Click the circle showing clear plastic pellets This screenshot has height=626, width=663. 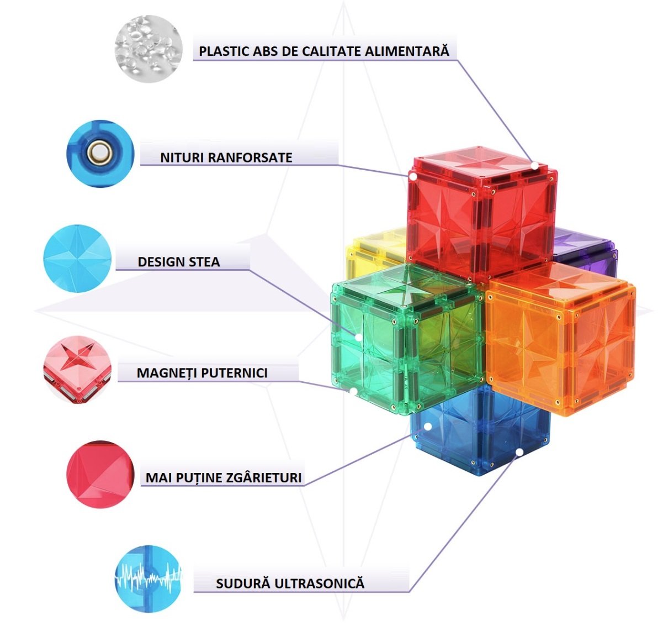pyautogui.click(x=148, y=49)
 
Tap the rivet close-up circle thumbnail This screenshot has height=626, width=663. pyautogui.click(x=100, y=154)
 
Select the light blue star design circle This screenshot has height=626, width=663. pyautogui.click(x=77, y=259)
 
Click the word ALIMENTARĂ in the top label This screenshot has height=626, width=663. pyautogui.click(x=407, y=51)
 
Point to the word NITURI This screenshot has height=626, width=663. pyautogui.click(x=182, y=158)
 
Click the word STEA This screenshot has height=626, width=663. pyautogui.click(x=204, y=262)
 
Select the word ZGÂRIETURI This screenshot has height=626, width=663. pyautogui.click(x=264, y=477)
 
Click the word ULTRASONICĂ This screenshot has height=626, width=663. pyautogui.click(x=320, y=583)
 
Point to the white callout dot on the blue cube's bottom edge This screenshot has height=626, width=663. pyautogui.click(x=519, y=453)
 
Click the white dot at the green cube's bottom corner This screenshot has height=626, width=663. pyautogui.click(x=353, y=391)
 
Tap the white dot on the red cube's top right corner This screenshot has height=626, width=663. pyautogui.click(x=534, y=165)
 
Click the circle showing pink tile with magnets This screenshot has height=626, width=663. pyautogui.click(x=77, y=370)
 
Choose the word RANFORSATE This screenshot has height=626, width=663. pyautogui.click(x=251, y=158)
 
